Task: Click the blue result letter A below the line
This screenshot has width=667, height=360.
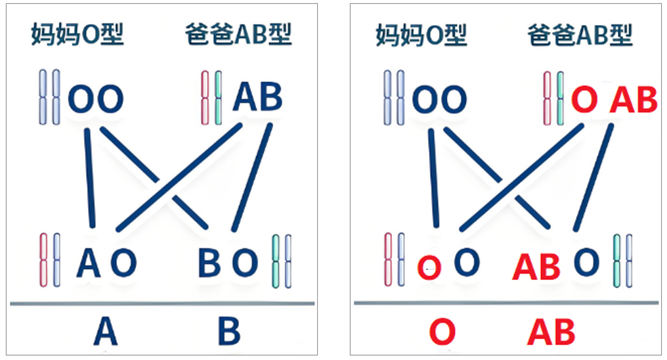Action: (105, 332)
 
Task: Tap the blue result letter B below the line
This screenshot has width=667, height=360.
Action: (228, 332)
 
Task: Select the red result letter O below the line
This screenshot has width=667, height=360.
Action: (442, 332)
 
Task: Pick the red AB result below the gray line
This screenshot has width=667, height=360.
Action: (551, 332)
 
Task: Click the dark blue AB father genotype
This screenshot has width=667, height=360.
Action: (258, 97)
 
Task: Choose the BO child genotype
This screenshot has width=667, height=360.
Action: (228, 263)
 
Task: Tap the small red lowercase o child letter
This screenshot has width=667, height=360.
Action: (430, 266)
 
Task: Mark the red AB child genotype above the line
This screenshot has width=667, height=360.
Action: (536, 266)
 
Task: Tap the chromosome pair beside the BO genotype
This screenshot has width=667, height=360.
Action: (281, 261)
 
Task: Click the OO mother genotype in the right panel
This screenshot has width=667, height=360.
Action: (439, 100)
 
